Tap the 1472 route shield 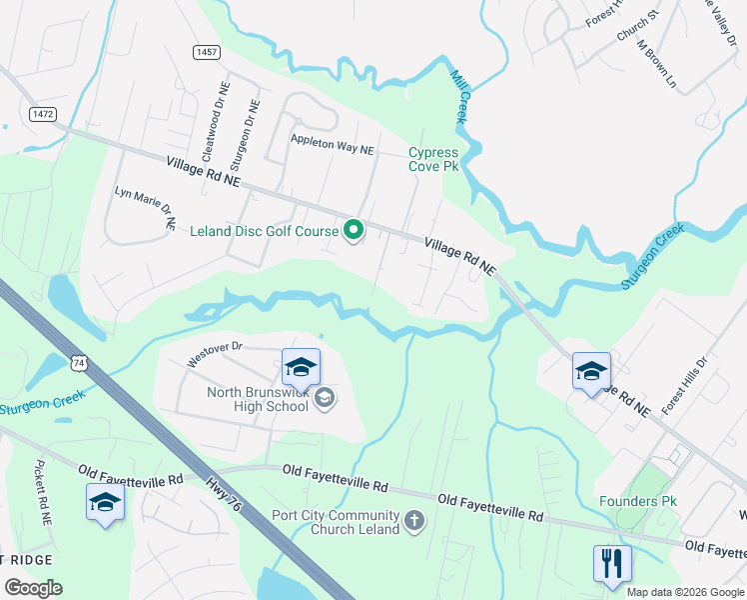(42, 114)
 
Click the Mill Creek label (460, 96)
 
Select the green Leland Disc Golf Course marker (354, 231)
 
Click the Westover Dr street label (215, 353)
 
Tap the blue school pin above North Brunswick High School (301, 368)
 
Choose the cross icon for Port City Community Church (414, 521)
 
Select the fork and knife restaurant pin (611, 563)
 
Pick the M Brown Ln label (656, 66)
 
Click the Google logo (33, 587)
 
